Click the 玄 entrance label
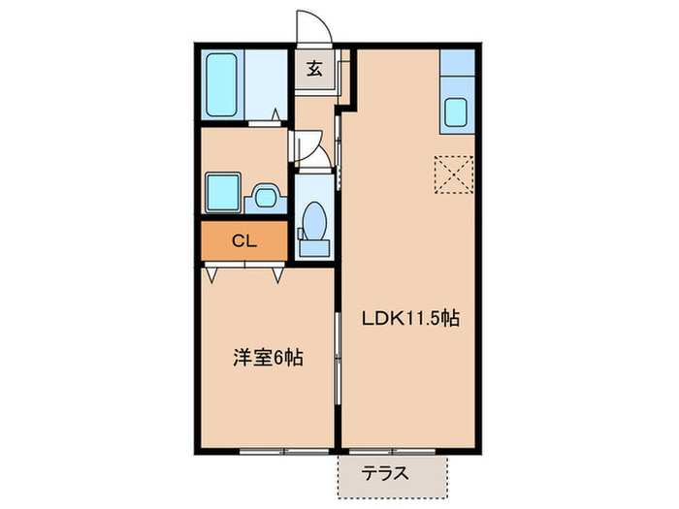click(x=315, y=69)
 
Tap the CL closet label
click(x=243, y=241)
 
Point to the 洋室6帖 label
click(x=267, y=358)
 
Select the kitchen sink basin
click(x=456, y=112)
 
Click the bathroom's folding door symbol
click(x=265, y=121)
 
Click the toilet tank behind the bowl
click(x=313, y=243)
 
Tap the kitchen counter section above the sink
click(x=456, y=68)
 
